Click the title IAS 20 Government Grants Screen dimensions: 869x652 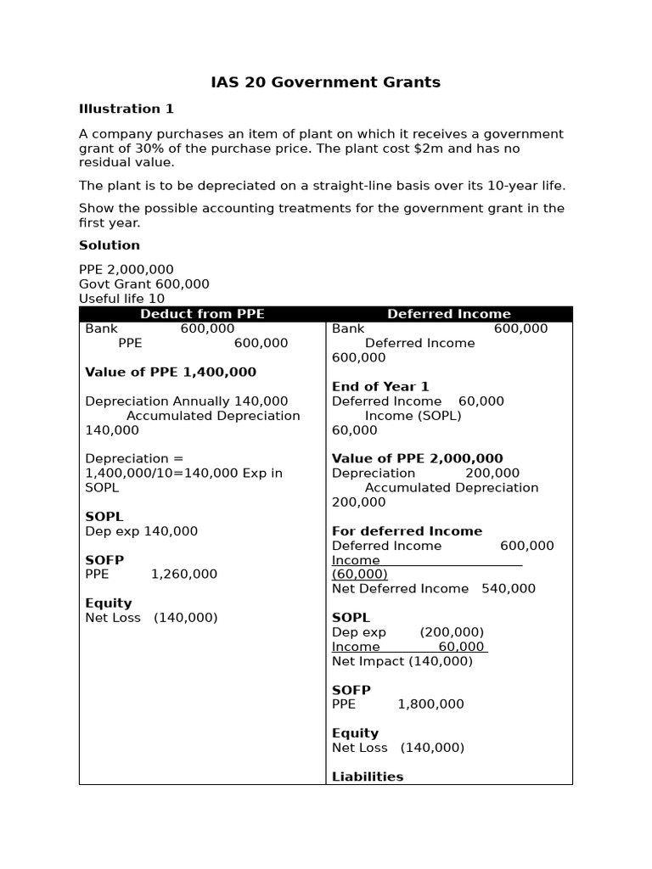point(326,82)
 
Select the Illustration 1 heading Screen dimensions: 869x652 point(126,109)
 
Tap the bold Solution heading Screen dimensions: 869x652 point(110,245)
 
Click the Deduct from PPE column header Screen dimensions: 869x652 point(202,314)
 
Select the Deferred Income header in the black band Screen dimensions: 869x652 point(449,314)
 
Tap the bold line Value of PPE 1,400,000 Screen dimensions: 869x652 point(171,372)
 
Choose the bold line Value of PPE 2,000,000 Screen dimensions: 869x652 point(418,458)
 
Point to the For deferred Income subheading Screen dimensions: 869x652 point(407,531)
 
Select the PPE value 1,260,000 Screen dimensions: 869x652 point(184,575)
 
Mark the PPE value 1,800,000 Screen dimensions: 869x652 point(430,704)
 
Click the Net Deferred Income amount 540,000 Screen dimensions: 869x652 point(509,589)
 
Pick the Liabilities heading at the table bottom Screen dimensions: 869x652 point(368,776)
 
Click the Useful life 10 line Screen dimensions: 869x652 point(122,299)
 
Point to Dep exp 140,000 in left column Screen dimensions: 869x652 point(142,531)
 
